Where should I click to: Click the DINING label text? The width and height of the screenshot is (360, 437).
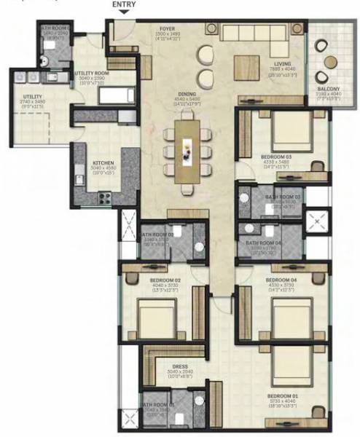pyautogui.click(x=187, y=95)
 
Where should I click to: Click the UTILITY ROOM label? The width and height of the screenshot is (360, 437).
pyautogui.click(x=93, y=73)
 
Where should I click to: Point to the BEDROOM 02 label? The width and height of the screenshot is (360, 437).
pyautogui.click(x=165, y=280)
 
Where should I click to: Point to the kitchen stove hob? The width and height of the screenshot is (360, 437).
pyautogui.click(x=104, y=195)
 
